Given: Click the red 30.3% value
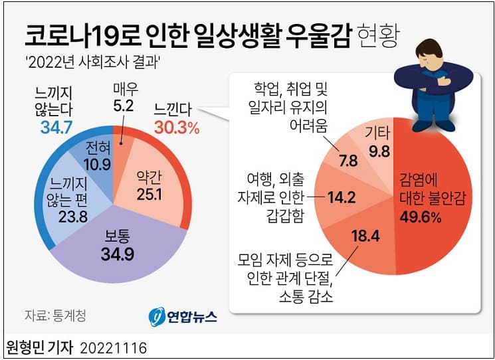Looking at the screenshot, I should point(176,128).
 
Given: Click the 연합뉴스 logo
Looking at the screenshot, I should point(182,316).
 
